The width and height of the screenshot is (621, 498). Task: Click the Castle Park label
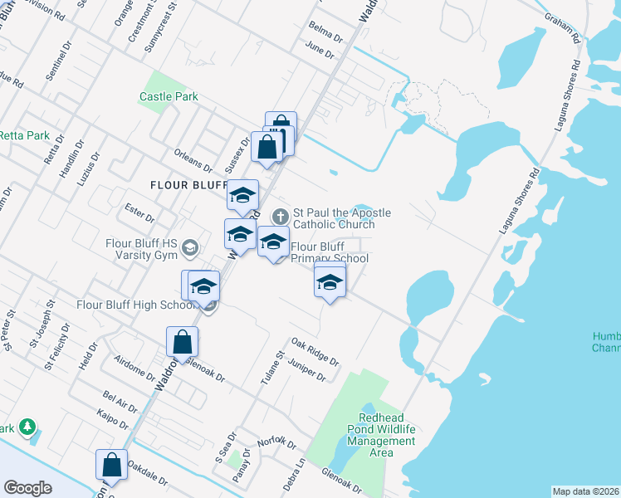169,97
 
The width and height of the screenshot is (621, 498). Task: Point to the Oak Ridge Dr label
315,352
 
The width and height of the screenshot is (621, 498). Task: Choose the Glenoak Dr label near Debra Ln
341,481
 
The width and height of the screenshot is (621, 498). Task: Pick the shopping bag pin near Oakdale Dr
111,466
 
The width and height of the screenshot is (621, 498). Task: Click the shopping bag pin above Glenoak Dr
182,341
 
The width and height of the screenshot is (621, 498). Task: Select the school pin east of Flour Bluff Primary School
330,282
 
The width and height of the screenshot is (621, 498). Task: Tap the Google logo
27,488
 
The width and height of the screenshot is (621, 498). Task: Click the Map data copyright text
585,491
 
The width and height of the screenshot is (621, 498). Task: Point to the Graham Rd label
562,27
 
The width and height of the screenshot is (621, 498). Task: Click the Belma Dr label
325,33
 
